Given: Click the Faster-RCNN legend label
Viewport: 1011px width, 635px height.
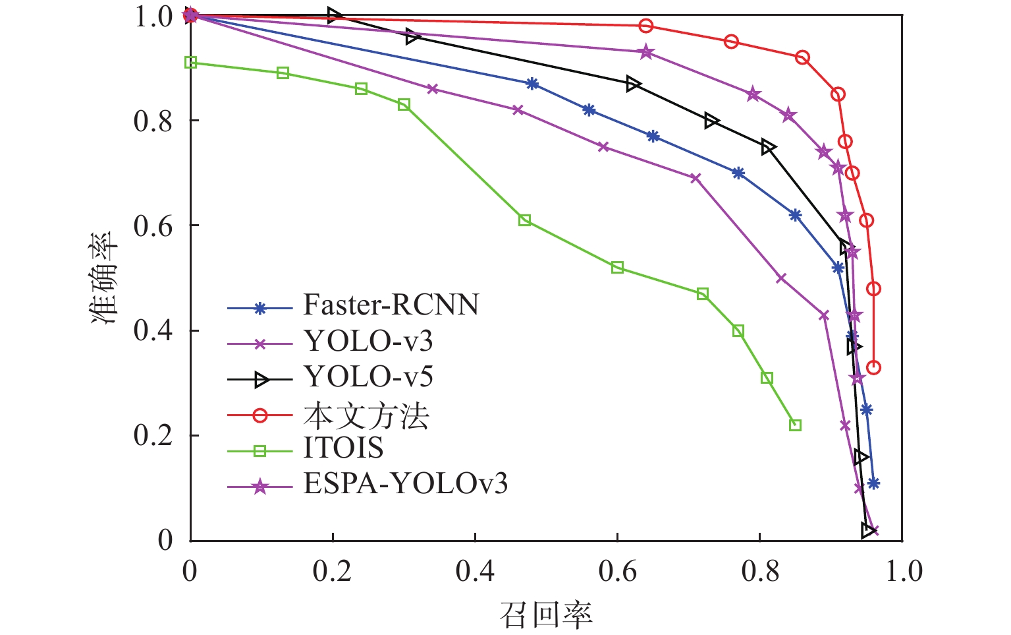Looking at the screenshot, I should tap(391, 305).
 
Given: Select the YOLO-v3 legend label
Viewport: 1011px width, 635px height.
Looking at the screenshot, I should tap(368, 341).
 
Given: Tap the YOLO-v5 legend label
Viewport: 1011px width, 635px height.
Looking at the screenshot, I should tap(368, 377).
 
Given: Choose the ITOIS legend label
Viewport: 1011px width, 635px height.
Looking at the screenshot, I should tap(343, 448).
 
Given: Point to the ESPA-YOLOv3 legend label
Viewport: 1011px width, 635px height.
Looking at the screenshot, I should tap(406, 484).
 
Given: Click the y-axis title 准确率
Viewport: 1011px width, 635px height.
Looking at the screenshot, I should tap(105, 277).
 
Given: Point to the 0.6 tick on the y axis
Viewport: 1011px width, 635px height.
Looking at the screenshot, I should tap(153, 226).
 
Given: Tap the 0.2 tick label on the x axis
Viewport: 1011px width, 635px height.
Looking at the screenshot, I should tap(333, 571).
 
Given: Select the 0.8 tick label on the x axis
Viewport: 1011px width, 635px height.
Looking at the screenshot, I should tap(760, 571).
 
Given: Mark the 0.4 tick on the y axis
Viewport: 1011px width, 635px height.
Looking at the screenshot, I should tap(153, 330).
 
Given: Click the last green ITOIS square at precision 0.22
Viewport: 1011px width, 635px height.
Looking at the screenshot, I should tap(795, 425).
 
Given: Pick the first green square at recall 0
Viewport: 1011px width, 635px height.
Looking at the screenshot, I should tap(191, 63).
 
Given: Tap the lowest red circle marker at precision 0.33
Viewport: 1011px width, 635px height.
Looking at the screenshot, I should tap(873, 367).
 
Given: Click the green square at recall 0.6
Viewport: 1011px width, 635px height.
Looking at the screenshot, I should tap(617, 267).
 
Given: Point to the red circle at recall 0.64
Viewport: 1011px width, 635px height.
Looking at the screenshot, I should tap(646, 26).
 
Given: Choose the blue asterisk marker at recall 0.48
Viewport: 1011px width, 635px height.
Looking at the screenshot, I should tap(532, 84).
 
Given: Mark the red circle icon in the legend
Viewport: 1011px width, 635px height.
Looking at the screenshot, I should tap(260, 415).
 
